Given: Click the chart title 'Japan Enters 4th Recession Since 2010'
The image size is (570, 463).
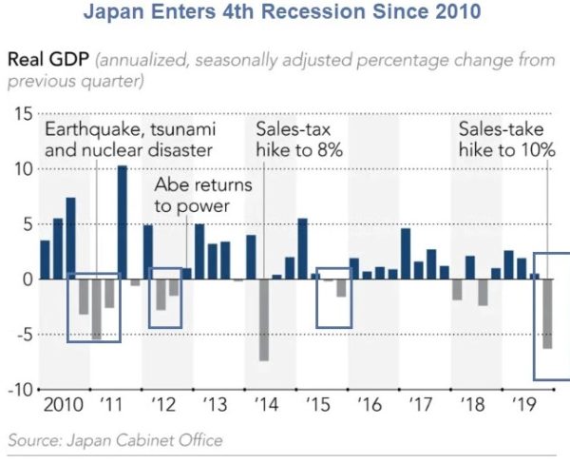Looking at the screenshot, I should pyautogui.click(x=284, y=14).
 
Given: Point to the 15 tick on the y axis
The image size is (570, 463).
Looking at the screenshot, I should pyautogui.click(x=21, y=113).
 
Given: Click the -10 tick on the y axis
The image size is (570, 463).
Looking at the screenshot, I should pyautogui.click(x=18, y=390).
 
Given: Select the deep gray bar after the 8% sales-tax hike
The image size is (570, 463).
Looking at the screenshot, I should pyautogui.click(x=264, y=319).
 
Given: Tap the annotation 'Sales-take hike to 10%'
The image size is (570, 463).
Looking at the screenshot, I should pyautogui.click(x=505, y=140).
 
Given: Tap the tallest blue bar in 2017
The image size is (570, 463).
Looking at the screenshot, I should pyautogui.click(x=406, y=253).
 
